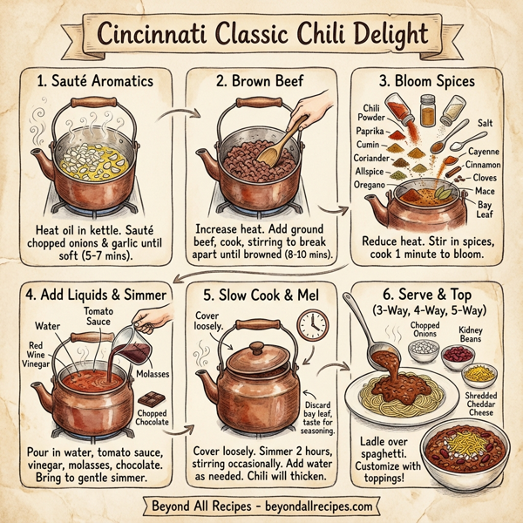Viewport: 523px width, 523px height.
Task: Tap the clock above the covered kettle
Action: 312,325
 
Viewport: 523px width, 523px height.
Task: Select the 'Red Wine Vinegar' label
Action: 36,349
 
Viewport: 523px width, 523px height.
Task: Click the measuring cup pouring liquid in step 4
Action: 134,332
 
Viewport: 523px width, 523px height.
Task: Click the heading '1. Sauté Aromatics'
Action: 96,81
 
